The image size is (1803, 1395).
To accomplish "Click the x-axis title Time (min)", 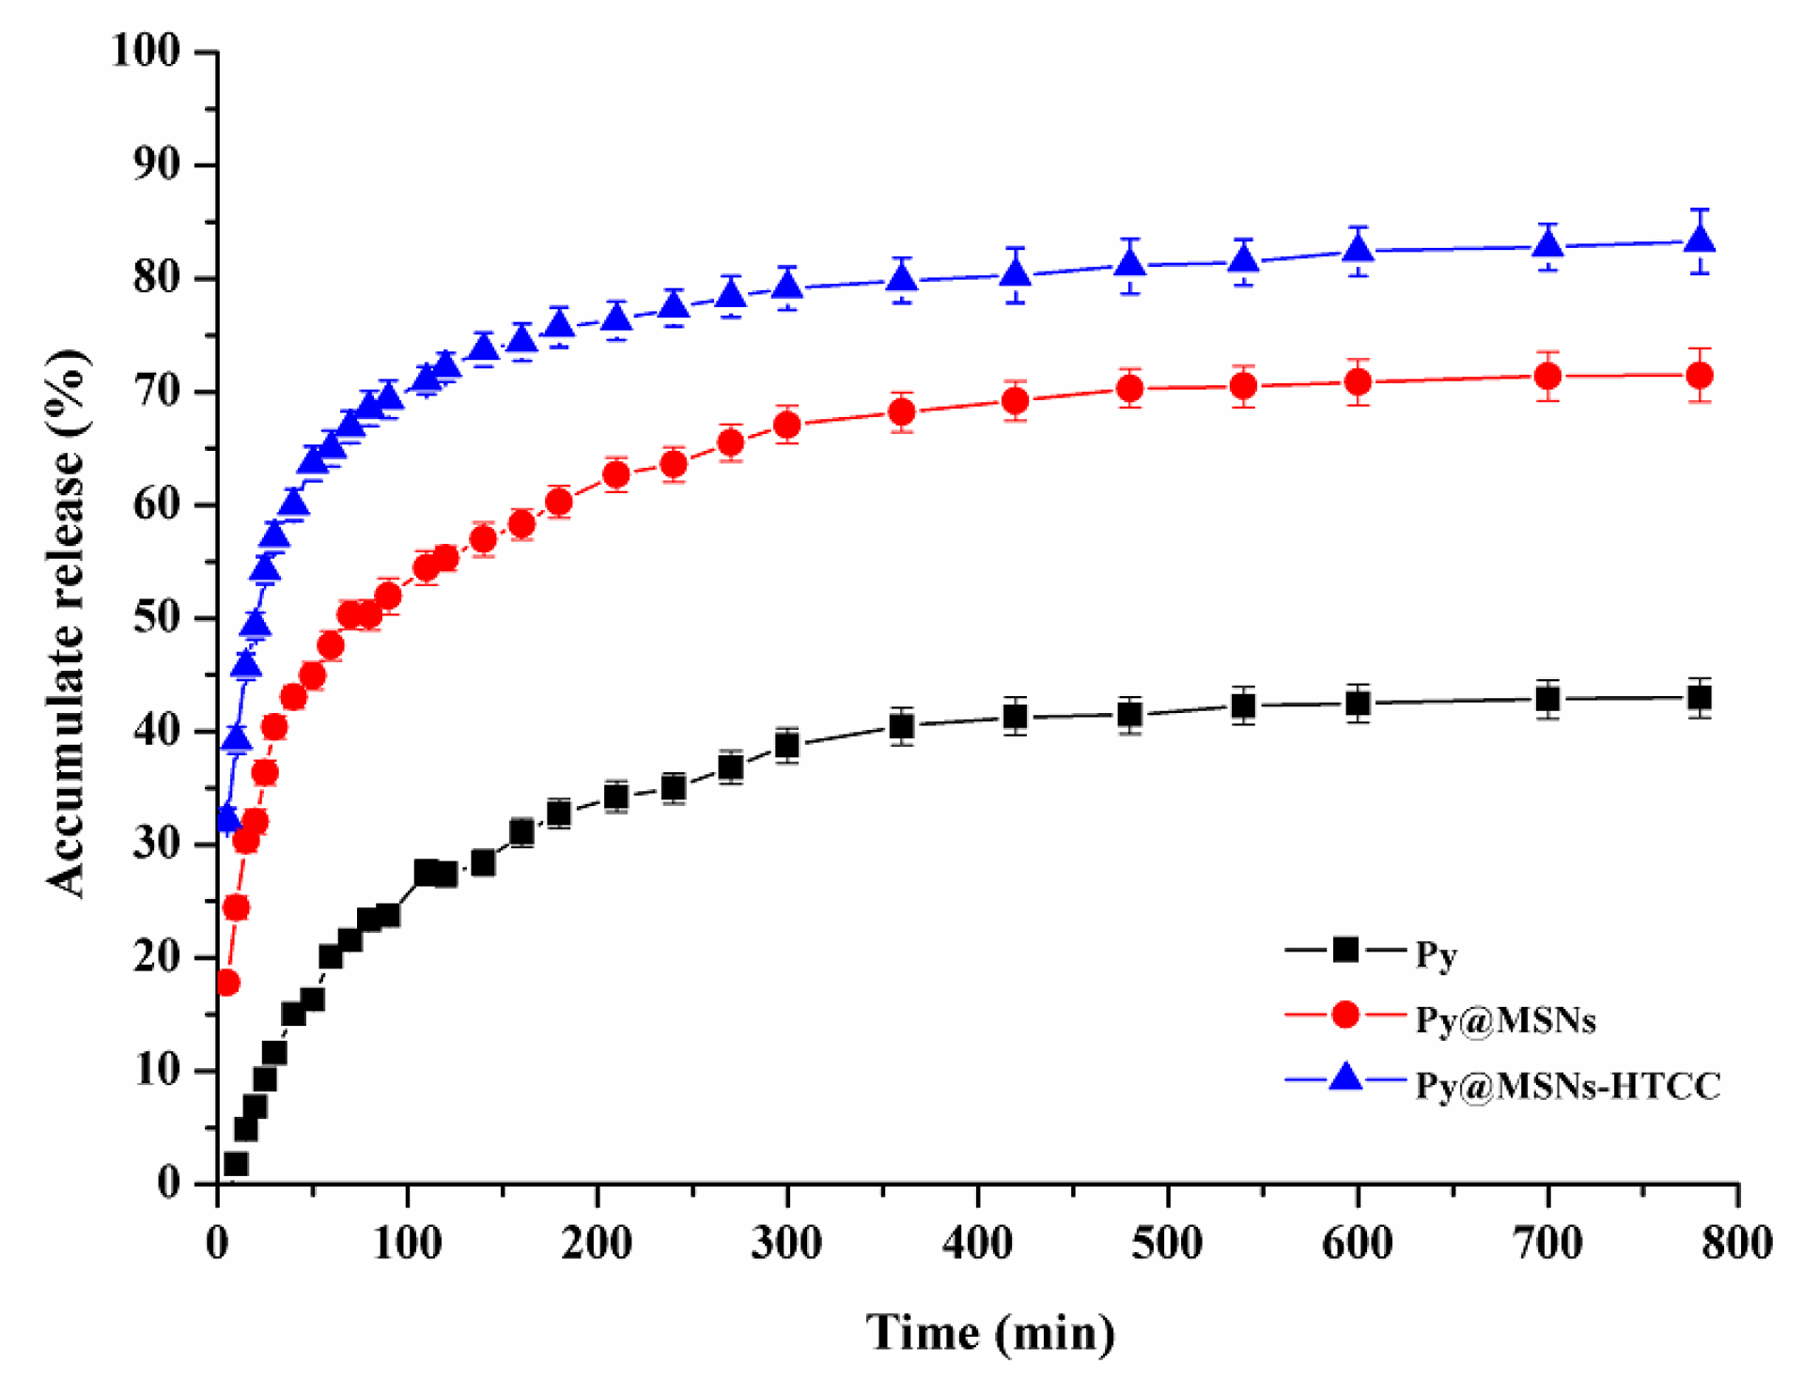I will [990, 1333].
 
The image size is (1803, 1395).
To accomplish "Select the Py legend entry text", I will [1436, 955].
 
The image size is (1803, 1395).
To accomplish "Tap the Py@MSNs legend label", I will [1505, 1020].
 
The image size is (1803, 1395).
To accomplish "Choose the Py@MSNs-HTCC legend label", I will [1567, 1086].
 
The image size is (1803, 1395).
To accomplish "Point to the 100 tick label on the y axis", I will [146, 51].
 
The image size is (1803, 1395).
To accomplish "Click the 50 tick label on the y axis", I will [156, 618].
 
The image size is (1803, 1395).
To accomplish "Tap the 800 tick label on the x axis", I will [1736, 1243].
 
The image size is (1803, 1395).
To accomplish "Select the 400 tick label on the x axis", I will [977, 1243].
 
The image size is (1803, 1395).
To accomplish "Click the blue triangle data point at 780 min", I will [1699, 240].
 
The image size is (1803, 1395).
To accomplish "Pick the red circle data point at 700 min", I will [1547, 377].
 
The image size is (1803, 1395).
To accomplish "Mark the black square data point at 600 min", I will [1357, 703].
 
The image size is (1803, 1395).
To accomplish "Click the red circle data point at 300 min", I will [787, 426].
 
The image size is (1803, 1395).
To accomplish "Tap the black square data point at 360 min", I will [901, 726].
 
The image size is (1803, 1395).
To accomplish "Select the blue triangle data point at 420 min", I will [1015, 273].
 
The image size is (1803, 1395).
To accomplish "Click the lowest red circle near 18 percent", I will [227, 984].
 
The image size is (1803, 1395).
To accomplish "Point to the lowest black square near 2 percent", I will [236, 1164].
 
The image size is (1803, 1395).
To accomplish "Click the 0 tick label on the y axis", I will [168, 1183].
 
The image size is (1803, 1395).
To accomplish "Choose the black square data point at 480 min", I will [1129, 715].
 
